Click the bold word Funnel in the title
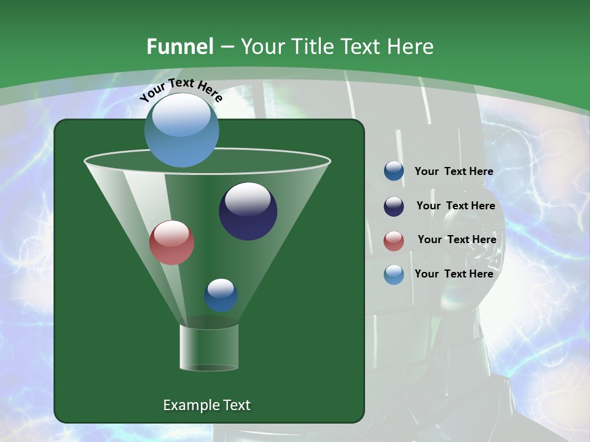click(x=180, y=47)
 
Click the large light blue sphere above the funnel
click(x=181, y=130)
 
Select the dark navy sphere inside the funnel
click(x=248, y=212)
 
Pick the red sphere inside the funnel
click(x=171, y=242)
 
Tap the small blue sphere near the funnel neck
click(x=221, y=295)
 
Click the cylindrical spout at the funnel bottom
click(x=209, y=347)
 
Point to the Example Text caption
click(x=206, y=405)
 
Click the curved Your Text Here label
click(x=181, y=90)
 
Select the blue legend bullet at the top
click(x=394, y=171)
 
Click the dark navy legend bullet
click(x=394, y=206)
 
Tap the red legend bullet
click(x=394, y=241)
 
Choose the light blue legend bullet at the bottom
click(x=394, y=274)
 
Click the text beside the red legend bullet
click(x=457, y=239)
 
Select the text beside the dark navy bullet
click(x=455, y=206)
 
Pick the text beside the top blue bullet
click(x=454, y=171)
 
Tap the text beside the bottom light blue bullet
click(x=454, y=274)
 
